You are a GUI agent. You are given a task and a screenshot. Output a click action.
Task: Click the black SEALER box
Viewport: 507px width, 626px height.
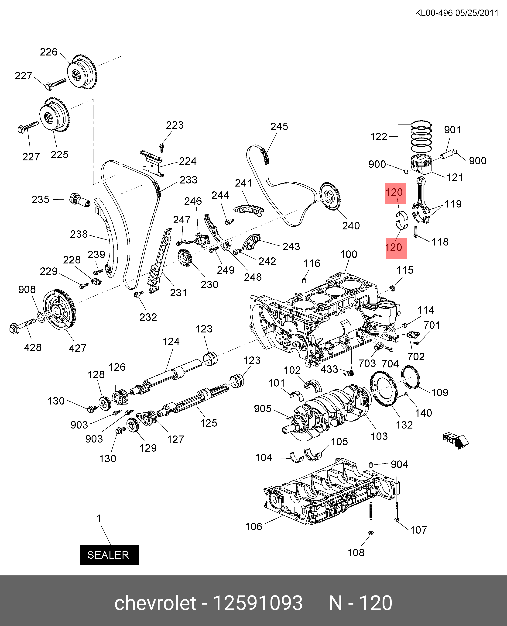(110, 555)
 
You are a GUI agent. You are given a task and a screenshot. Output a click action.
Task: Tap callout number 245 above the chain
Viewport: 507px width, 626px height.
(279, 127)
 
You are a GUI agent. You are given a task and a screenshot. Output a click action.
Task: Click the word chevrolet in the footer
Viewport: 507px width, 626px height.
(155, 603)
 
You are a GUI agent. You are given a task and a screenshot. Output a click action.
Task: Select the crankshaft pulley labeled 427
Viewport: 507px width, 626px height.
(60, 310)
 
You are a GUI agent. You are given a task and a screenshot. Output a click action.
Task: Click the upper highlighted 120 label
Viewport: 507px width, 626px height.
(395, 193)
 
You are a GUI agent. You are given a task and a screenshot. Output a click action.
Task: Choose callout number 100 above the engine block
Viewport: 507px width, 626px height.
(348, 254)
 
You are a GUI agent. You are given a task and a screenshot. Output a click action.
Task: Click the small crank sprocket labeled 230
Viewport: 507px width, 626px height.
(185, 257)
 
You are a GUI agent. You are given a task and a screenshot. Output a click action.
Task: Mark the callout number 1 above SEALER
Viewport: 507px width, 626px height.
(99, 519)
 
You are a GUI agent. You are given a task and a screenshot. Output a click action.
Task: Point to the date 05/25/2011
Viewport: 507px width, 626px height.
(477, 13)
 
